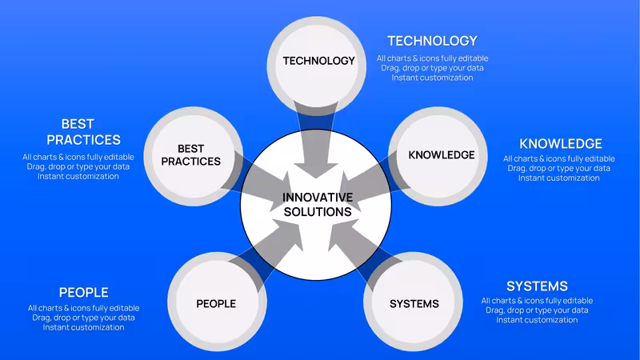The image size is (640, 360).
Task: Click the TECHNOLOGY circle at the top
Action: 317,66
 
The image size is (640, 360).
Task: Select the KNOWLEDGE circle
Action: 438,156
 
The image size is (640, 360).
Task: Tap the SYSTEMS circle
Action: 413,302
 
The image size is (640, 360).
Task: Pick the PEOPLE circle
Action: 217,302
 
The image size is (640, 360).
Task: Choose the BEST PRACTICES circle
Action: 194,156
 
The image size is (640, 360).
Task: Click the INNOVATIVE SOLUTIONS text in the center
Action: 318,205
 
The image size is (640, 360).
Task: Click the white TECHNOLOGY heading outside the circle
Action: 432,41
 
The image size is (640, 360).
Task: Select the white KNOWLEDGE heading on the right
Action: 561,144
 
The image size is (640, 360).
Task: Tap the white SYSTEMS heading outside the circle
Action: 537,286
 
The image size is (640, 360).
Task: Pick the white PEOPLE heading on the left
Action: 84,292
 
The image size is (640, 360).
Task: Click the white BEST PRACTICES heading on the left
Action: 84,132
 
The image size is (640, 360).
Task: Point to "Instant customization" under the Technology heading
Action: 432,78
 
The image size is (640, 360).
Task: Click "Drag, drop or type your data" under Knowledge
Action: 558,168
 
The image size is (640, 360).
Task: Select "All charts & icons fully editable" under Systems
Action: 537,301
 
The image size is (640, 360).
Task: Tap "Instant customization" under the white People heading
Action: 84,327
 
